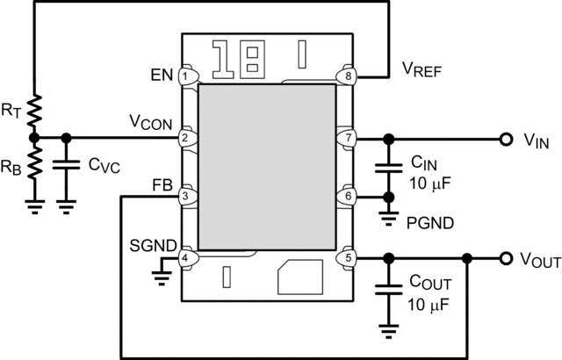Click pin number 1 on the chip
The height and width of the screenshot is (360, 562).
click(x=186, y=76)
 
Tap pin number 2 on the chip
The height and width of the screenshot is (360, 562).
click(x=186, y=138)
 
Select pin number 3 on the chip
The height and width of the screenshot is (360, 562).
click(x=186, y=196)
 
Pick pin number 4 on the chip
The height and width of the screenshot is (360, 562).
click(x=186, y=258)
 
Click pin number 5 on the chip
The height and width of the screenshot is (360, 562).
click(x=349, y=258)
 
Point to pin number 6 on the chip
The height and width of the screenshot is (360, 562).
click(x=349, y=196)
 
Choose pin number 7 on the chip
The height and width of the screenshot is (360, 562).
click(x=349, y=138)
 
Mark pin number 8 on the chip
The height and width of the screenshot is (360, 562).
click(x=349, y=76)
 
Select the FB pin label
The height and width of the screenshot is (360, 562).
click(x=162, y=185)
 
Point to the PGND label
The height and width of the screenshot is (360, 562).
click(x=431, y=223)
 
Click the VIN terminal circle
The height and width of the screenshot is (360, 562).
click(x=506, y=138)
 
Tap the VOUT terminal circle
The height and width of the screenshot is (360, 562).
click(x=506, y=258)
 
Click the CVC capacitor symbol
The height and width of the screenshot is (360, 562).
click(x=66, y=165)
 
